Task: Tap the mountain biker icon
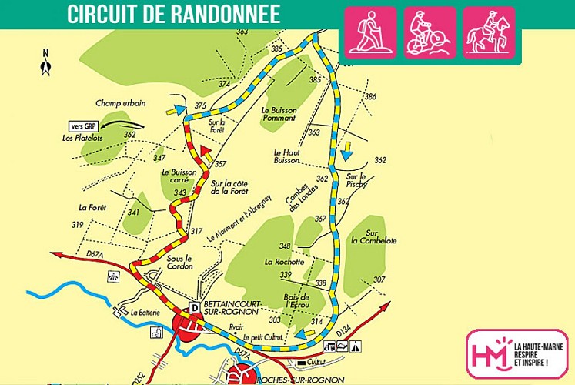point(430,32)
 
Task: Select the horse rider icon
point(490,32)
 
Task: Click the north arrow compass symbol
point(46,63)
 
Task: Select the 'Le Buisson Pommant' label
point(286,115)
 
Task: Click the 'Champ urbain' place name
point(121,102)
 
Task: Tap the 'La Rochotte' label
point(285,262)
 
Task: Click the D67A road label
point(95,253)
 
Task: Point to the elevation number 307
point(379,280)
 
